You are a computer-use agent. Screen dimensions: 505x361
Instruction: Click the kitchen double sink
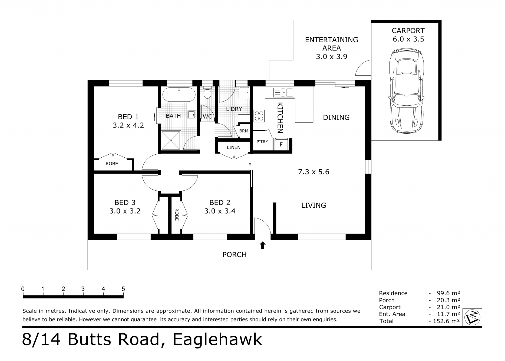pyautogui.click(x=284, y=92)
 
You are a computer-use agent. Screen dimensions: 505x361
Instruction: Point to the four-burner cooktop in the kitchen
pyautogui.click(x=259, y=116)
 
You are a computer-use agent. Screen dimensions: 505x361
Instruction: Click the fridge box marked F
pyautogui.click(x=281, y=145)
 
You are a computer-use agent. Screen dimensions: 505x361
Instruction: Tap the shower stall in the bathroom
pyautogui.click(x=171, y=140)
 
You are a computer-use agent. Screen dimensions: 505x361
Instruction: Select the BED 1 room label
pyautogui.click(x=128, y=117)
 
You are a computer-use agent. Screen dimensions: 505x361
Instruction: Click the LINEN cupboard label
pyautogui.click(x=233, y=147)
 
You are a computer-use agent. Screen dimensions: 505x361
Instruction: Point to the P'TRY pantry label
pyautogui.click(x=262, y=142)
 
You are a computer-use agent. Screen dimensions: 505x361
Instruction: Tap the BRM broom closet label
pyautogui.click(x=244, y=131)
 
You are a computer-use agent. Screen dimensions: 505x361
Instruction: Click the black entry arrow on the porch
pyautogui.click(x=262, y=245)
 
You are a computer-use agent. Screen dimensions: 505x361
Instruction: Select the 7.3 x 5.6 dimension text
pyautogui.click(x=313, y=172)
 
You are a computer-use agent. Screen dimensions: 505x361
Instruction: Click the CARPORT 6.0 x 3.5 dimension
pyautogui.click(x=408, y=39)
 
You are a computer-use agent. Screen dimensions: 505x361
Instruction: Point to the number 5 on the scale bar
pyautogui.click(x=123, y=289)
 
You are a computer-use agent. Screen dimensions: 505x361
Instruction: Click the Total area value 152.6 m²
pyautogui.click(x=448, y=321)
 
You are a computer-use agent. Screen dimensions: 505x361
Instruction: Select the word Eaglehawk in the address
pyautogui.click(x=217, y=339)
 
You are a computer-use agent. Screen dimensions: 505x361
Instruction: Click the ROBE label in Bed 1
pyautogui.click(x=112, y=164)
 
